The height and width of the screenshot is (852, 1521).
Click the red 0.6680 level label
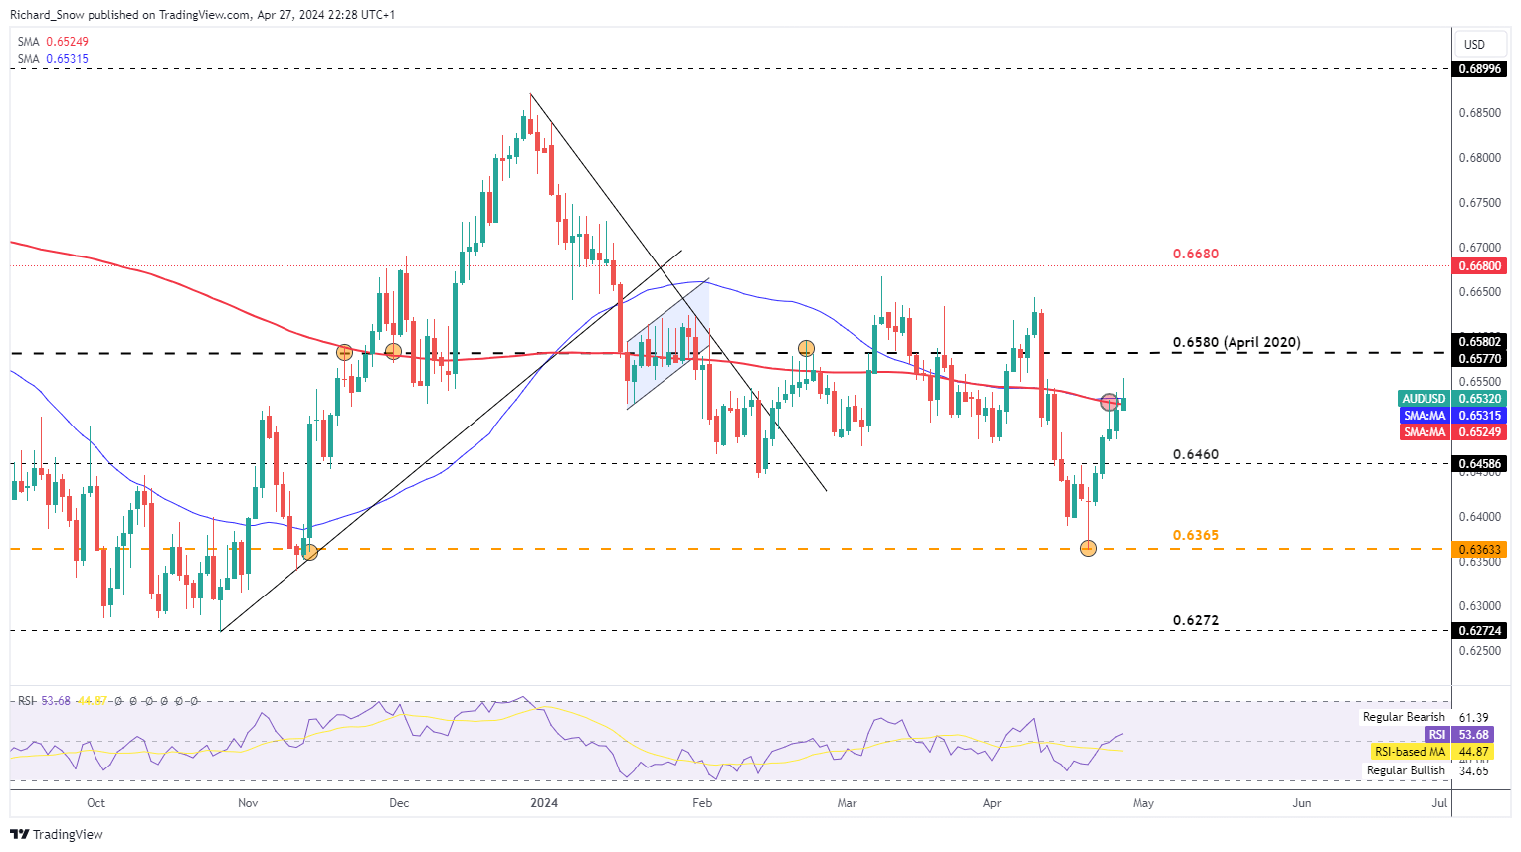click(1195, 254)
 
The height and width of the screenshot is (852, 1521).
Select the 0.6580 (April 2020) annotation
click(1236, 342)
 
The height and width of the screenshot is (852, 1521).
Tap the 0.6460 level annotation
click(1195, 454)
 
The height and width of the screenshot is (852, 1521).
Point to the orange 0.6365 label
click(1195, 535)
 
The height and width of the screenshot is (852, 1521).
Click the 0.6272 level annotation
click(1195, 620)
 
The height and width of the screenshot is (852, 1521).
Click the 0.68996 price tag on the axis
click(1479, 69)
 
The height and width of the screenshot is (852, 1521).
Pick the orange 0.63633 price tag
click(1479, 549)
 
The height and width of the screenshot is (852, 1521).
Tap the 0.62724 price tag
click(1479, 630)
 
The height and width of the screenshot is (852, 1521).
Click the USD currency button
click(1474, 44)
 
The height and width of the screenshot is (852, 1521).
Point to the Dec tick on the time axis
click(399, 803)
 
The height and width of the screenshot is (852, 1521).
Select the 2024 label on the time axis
click(544, 803)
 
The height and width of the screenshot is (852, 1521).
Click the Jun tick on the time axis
click(1301, 803)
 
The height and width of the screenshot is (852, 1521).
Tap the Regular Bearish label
click(1404, 717)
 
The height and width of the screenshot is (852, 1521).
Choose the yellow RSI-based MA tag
click(1409, 752)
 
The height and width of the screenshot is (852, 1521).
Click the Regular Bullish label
click(1406, 770)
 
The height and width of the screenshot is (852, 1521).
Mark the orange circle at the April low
click(1088, 548)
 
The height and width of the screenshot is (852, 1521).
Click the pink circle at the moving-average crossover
click(1109, 403)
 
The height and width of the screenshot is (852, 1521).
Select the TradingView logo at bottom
click(58, 834)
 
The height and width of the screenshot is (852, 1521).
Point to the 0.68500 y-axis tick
click(1479, 113)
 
